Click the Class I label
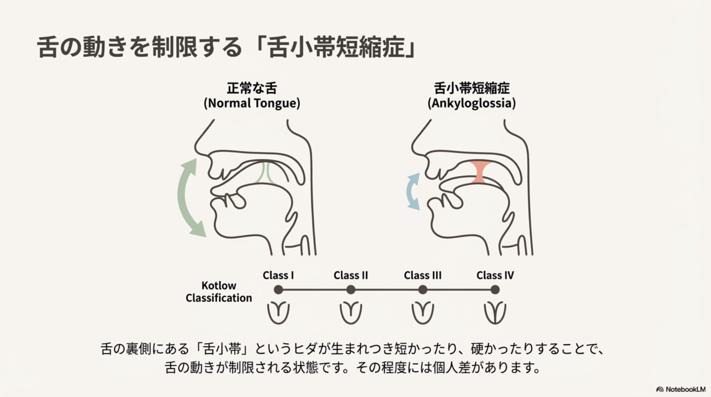pyautogui.click(x=278, y=276)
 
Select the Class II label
pyautogui.click(x=350, y=276)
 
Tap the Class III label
pyautogui.click(x=422, y=276)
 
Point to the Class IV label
pyautogui.click(x=495, y=276)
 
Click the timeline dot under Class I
pyautogui.click(x=278, y=290)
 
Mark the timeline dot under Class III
pyautogui.click(x=423, y=290)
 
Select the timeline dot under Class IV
pyautogui.click(x=495, y=290)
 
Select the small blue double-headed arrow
pyautogui.click(x=412, y=191)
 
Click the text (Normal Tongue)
pyautogui.click(x=252, y=103)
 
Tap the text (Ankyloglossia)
pyautogui.click(x=471, y=103)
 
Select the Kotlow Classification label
pyautogui.click(x=218, y=292)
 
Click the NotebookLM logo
pyautogui.click(x=681, y=389)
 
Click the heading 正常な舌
pyautogui.click(x=252, y=89)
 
